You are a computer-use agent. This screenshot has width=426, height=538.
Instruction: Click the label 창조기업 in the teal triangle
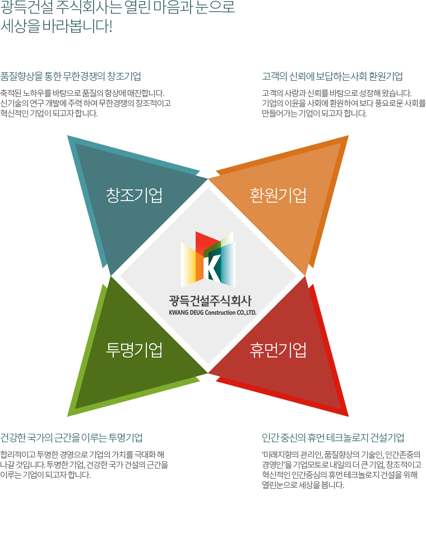[134, 195]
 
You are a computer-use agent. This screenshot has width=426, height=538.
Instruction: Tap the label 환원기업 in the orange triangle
[278, 195]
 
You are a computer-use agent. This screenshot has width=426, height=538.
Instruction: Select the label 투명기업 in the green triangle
[134, 350]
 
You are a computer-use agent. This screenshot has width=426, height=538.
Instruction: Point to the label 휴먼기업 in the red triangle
[278, 350]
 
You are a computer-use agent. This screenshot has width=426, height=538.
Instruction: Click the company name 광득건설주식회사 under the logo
[210, 300]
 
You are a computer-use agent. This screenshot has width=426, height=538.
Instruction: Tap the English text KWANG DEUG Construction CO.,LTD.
[212, 312]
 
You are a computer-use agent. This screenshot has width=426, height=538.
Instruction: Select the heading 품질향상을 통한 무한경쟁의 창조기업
[71, 76]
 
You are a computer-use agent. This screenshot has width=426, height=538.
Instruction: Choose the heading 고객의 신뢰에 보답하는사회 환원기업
[332, 76]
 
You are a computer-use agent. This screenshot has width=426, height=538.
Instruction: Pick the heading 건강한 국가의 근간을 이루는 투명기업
[71, 438]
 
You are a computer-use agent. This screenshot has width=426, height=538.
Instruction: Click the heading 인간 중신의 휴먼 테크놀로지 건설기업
[333, 438]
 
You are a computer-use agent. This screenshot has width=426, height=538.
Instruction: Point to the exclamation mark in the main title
[110, 26]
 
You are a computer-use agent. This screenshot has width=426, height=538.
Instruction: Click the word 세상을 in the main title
[20, 26]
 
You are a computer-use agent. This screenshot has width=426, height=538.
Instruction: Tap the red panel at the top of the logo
[206, 242]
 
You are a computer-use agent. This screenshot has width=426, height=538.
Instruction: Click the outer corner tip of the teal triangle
[68, 136]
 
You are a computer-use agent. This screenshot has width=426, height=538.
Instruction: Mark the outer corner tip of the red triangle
[348, 416]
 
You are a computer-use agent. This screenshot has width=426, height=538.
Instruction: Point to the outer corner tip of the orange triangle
[348, 136]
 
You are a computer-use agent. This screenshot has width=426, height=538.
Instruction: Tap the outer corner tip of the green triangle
[68, 416]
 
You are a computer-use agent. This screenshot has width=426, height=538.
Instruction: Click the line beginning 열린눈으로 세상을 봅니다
[303, 485]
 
